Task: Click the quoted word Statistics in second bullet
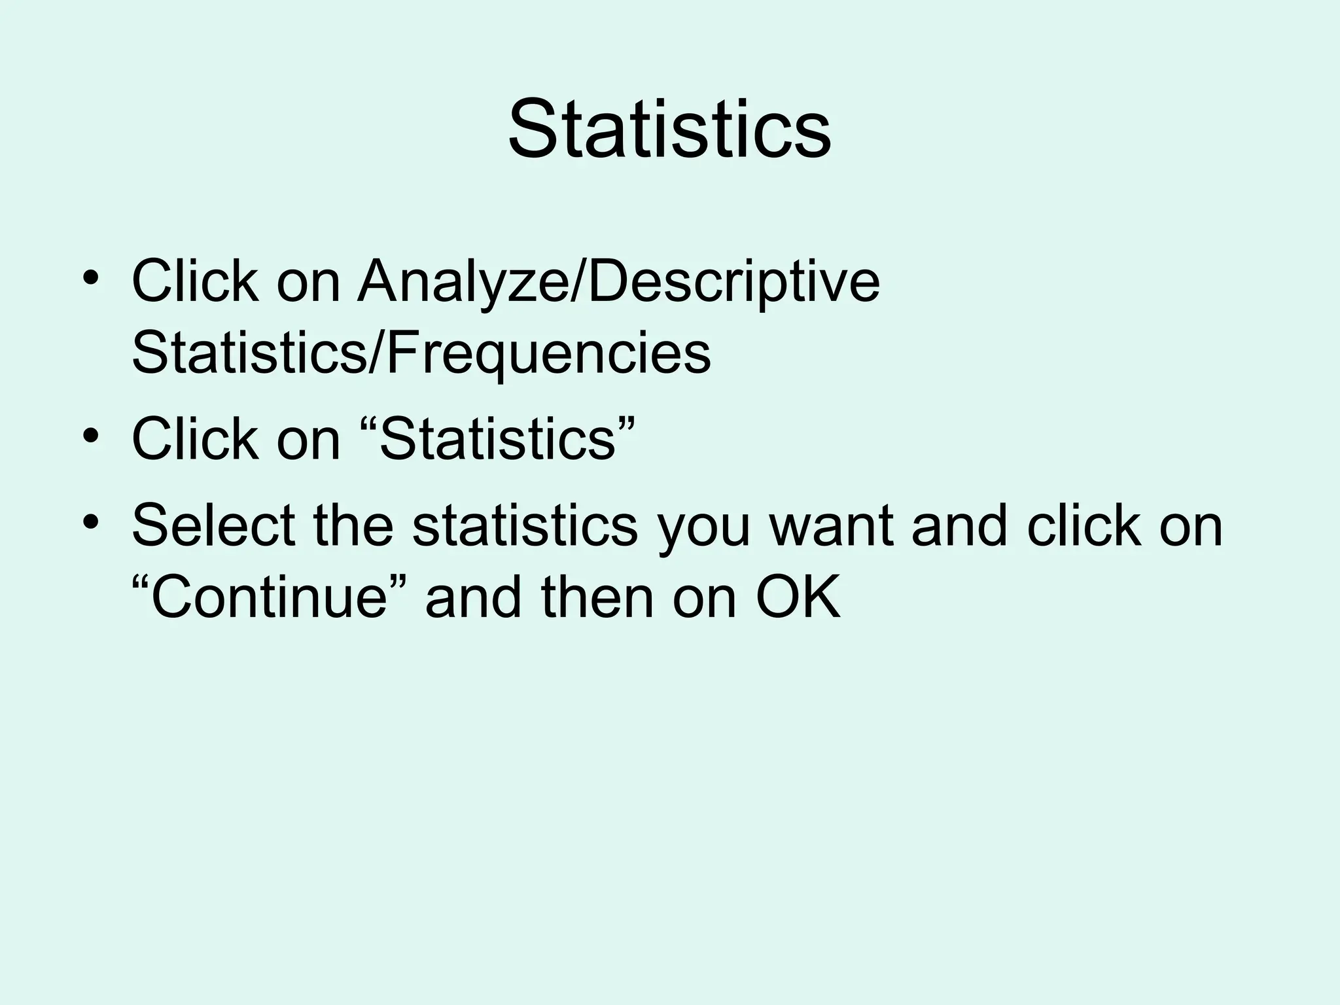[x=498, y=440]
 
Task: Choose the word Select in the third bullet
[x=213, y=526]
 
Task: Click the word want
[x=831, y=527]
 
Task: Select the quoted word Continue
[x=269, y=598]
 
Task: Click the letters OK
[x=798, y=598]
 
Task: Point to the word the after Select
[x=353, y=526]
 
